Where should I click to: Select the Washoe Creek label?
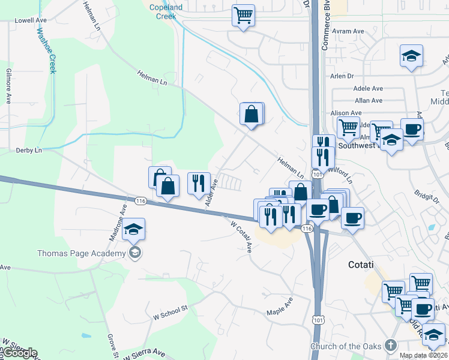click(44, 50)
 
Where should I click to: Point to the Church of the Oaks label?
click(346, 346)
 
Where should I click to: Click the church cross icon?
click(391, 346)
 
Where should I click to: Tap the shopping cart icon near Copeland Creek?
click(243, 16)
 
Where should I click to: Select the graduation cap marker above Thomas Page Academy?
click(133, 230)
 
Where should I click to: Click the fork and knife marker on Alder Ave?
click(199, 183)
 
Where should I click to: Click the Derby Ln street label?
click(29, 149)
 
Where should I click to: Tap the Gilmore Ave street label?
click(9, 90)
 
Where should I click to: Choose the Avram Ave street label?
click(350, 31)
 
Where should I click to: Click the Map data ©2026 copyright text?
click(423, 356)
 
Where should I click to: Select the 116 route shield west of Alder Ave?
click(141, 200)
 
